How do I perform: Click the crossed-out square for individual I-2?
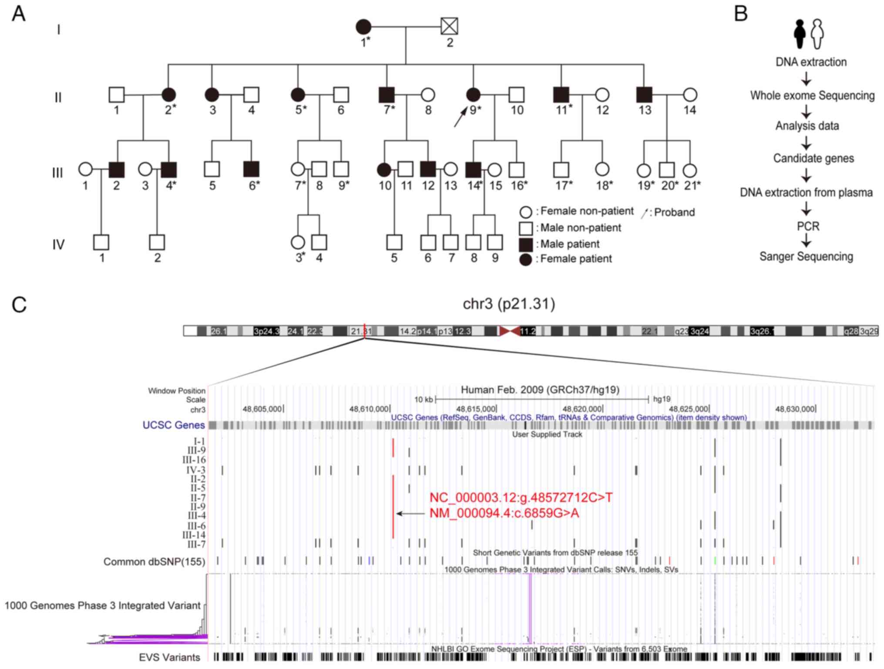click(449, 26)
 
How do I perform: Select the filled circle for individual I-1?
click(364, 27)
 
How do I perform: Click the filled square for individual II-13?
click(644, 94)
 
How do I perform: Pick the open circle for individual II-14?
click(690, 94)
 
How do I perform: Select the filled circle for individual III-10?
click(384, 170)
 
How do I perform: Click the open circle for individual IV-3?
click(298, 242)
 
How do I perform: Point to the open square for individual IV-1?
click(101, 242)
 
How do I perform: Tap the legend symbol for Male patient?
click(526, 244)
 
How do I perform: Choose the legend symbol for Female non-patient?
click(526, 212)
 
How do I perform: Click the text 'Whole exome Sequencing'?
click(812, 96)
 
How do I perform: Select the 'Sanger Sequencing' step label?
click(806, 256)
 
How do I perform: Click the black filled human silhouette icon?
click(800, 34)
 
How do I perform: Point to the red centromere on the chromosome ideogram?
click(509, 331)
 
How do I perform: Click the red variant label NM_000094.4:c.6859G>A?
click(504, 514)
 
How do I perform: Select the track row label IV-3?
click(196, 470)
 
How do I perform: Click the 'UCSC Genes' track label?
click(174, 425)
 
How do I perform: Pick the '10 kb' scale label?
click(423, 400)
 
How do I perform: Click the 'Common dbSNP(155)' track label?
click(154, 562)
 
